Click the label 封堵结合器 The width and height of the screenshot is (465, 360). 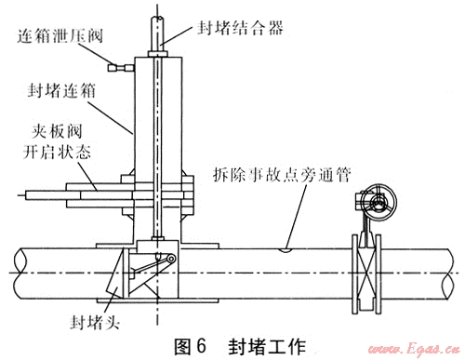[x=240, y=28]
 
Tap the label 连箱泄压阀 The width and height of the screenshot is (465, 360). [x=60, y=36]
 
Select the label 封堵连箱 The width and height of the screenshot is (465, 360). [x=61, y=91]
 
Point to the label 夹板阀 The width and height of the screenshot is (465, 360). [x=57, y=131]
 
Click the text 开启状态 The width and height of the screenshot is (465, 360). [x=58, y=152]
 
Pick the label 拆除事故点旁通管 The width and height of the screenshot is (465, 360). [x=282, y=175]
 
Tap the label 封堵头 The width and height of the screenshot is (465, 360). [x=95, y=322]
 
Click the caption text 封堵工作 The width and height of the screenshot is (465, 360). [x=267, y=346]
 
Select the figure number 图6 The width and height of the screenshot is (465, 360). [x=190, y=346]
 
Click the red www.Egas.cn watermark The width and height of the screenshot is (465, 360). [x=414, y=350]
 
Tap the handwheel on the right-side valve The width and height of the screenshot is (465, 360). [x=379, y=203]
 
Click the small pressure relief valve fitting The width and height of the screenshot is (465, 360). [x=121, y=67]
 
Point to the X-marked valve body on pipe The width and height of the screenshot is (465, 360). [x=366, y=273]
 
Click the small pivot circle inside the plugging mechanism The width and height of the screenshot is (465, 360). [x=170, y=259]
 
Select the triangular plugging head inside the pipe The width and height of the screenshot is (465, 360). [x=114, y=273]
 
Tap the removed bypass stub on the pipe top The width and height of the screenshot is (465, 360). [x=286, y=249]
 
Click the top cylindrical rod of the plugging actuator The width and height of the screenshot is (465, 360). [x=158, y=34]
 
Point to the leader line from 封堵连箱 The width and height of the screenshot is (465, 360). [x=111, y=118]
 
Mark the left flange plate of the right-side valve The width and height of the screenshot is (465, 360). [x=355, y=274]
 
